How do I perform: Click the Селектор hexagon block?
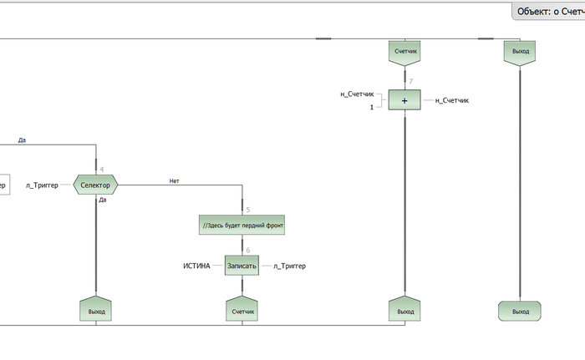tap(96, 184)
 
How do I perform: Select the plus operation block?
tap(404, 100)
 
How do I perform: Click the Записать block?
tap(242, 266)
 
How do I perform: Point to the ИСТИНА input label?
tap(196, 266)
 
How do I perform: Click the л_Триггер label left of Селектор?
tap(42, 184)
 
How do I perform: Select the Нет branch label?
tap(174, 180)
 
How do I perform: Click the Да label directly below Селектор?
tap(103, 200)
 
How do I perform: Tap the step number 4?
tap(101, 170)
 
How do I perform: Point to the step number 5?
tap(247, 210)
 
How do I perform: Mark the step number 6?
tap(247, 250)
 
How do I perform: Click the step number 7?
tap(410, 81)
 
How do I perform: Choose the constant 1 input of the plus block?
tap(371, 108)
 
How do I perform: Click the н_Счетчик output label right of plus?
tap(452, 100)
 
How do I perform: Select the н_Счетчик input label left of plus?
tap(357, 94)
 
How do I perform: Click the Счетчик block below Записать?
tap(242, 310)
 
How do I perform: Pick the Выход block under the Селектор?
tap(97, 310)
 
